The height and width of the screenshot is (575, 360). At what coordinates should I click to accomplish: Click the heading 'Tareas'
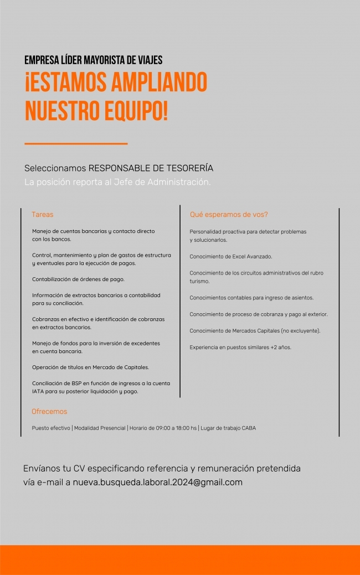point(43,214)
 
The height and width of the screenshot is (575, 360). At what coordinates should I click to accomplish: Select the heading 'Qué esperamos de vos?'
point(229,214)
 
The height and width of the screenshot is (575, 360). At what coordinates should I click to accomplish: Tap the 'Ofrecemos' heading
point(49,412)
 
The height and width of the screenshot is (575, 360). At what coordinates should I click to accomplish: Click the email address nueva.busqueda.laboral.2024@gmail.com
point(157,482)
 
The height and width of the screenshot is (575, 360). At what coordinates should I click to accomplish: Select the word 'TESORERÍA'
point(187,168)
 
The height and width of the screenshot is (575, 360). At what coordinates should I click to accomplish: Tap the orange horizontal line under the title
point(76,144)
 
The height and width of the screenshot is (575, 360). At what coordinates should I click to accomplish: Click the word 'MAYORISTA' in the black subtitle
point(103,60)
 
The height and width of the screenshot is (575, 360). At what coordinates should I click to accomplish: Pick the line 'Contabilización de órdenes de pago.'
point(78,279)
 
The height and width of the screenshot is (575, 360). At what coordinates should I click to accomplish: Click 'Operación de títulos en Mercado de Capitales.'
point(90,367)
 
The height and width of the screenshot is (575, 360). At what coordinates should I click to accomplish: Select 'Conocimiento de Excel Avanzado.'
point(230,257)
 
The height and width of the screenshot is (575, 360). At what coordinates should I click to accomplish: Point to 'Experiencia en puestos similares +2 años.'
point(240,347)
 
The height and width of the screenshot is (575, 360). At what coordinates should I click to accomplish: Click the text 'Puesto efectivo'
point(51,428)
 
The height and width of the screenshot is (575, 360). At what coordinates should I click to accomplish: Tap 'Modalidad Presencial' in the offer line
point(100,428)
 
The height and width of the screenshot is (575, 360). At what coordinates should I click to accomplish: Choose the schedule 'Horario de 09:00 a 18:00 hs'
point(163,428)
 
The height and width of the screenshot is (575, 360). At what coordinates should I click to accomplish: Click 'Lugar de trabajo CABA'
point(228,428)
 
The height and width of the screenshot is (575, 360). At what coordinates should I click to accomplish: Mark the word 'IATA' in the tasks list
point(38,391)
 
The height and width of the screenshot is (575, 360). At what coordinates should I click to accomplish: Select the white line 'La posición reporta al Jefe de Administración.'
point(117,182)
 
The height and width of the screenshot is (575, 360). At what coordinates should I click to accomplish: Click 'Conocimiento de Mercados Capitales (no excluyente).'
point(255,331)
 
